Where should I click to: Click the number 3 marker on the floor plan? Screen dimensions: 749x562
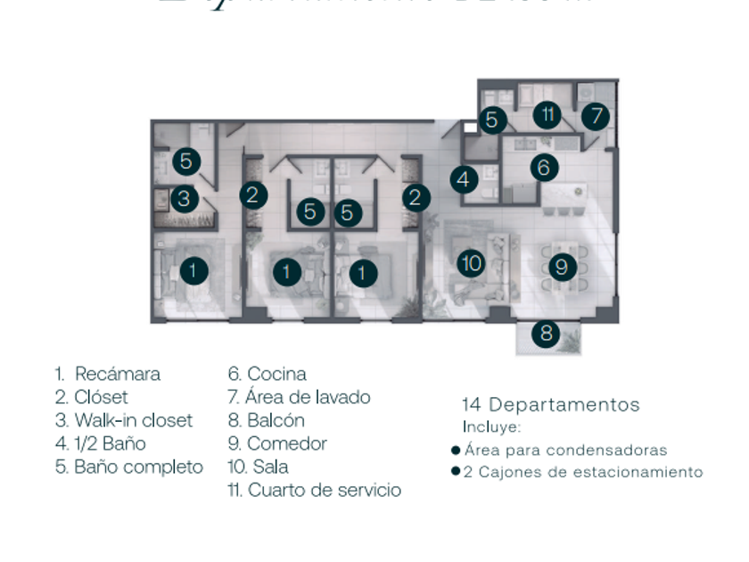[x=184, y=198]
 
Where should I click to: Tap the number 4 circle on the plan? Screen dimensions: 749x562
[x=463, y=180]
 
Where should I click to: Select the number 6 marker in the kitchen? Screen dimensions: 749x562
[x=545, y=166]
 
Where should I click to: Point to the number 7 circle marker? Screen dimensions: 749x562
[x=597, y=116]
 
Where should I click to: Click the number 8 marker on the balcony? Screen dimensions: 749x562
[x=546, y=335]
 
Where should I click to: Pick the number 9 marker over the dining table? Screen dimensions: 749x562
[x=560, y=266]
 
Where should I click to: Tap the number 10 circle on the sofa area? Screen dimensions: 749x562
[x=472, y=263]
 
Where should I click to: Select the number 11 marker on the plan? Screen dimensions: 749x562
[x=548, y=114]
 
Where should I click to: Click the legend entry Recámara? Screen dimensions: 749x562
[x=117, y=375]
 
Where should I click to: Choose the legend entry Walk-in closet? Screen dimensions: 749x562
[x=133, y=420]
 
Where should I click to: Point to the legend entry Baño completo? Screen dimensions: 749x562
[x=138, y=467]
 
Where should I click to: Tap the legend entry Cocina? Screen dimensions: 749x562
[x=276, y=375]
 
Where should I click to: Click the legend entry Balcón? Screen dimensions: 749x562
[x=276, y=420]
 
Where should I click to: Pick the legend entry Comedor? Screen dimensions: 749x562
[x=286, y=443]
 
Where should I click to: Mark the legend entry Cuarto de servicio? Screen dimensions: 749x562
[x=324, y=490]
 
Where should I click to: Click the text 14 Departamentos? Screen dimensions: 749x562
[x=550, y=405]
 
